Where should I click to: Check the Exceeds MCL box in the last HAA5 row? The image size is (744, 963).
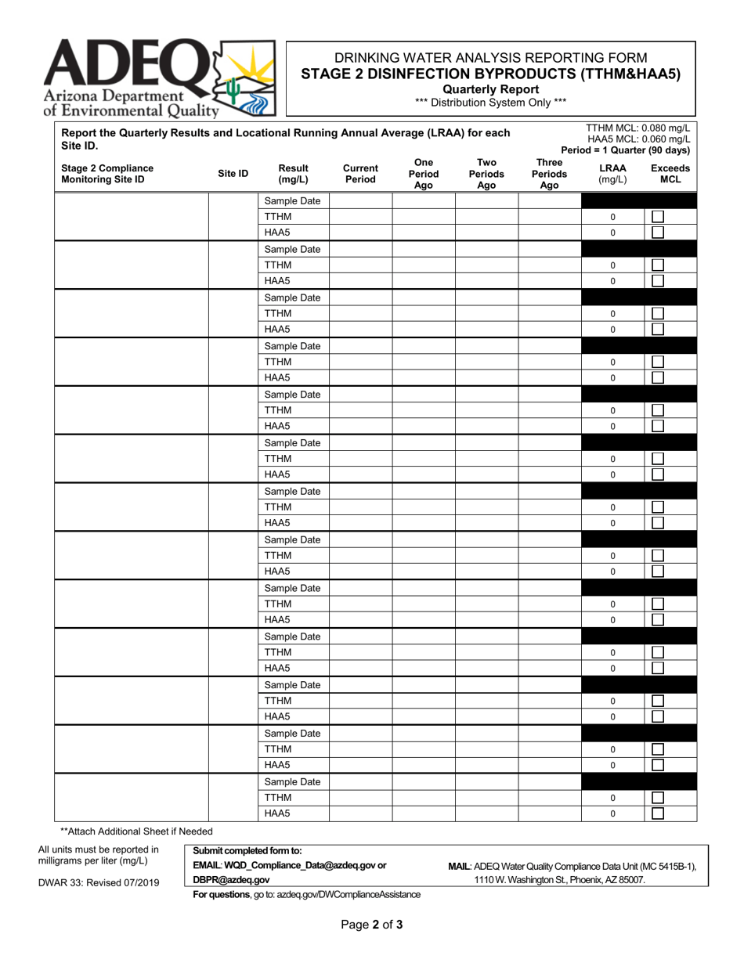tap(659, 813)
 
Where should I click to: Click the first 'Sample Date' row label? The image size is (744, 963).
tap(292, 201)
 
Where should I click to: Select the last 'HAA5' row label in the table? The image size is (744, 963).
tap(277, 813)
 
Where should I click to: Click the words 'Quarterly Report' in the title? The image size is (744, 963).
tap(491, 88)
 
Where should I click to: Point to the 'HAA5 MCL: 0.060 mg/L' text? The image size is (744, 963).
tap(638, 139)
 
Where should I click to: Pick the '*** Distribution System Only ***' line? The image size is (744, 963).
tap(491, 101)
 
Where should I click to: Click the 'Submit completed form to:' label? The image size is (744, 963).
tap(247, 851)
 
